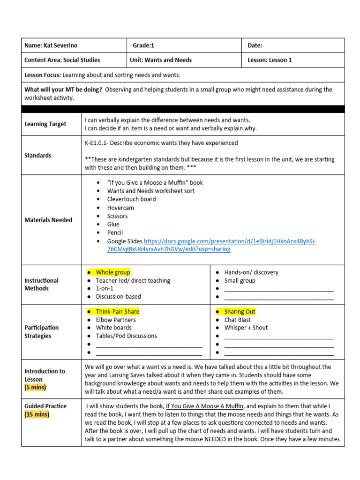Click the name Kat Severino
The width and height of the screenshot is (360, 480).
(x=60, y=45)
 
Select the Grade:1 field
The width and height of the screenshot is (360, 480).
(x=143, y=45)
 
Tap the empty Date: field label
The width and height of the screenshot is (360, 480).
(x=255, y=45)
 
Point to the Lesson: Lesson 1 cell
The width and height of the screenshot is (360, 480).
(x=270, y=60)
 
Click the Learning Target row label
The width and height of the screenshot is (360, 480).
(x=45, y=124)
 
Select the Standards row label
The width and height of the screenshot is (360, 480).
(x=38, y=155)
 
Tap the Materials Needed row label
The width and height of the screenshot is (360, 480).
(x=48, y=220)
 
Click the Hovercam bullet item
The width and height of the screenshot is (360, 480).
(x=120, y=208)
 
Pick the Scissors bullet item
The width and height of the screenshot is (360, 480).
(x=117, y=216)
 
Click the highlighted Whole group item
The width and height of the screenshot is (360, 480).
(x=113, y=272)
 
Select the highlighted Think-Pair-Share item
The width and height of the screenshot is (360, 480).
(x=117, y=312)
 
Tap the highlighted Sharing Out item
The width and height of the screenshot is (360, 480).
(x=240, y=312)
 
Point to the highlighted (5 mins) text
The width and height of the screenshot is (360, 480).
(x=36, y=388)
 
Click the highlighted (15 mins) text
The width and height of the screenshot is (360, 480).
(x=37, y=414)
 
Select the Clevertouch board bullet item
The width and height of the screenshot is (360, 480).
(x=131, y=199)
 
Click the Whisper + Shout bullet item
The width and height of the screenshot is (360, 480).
(x=246, y=328)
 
